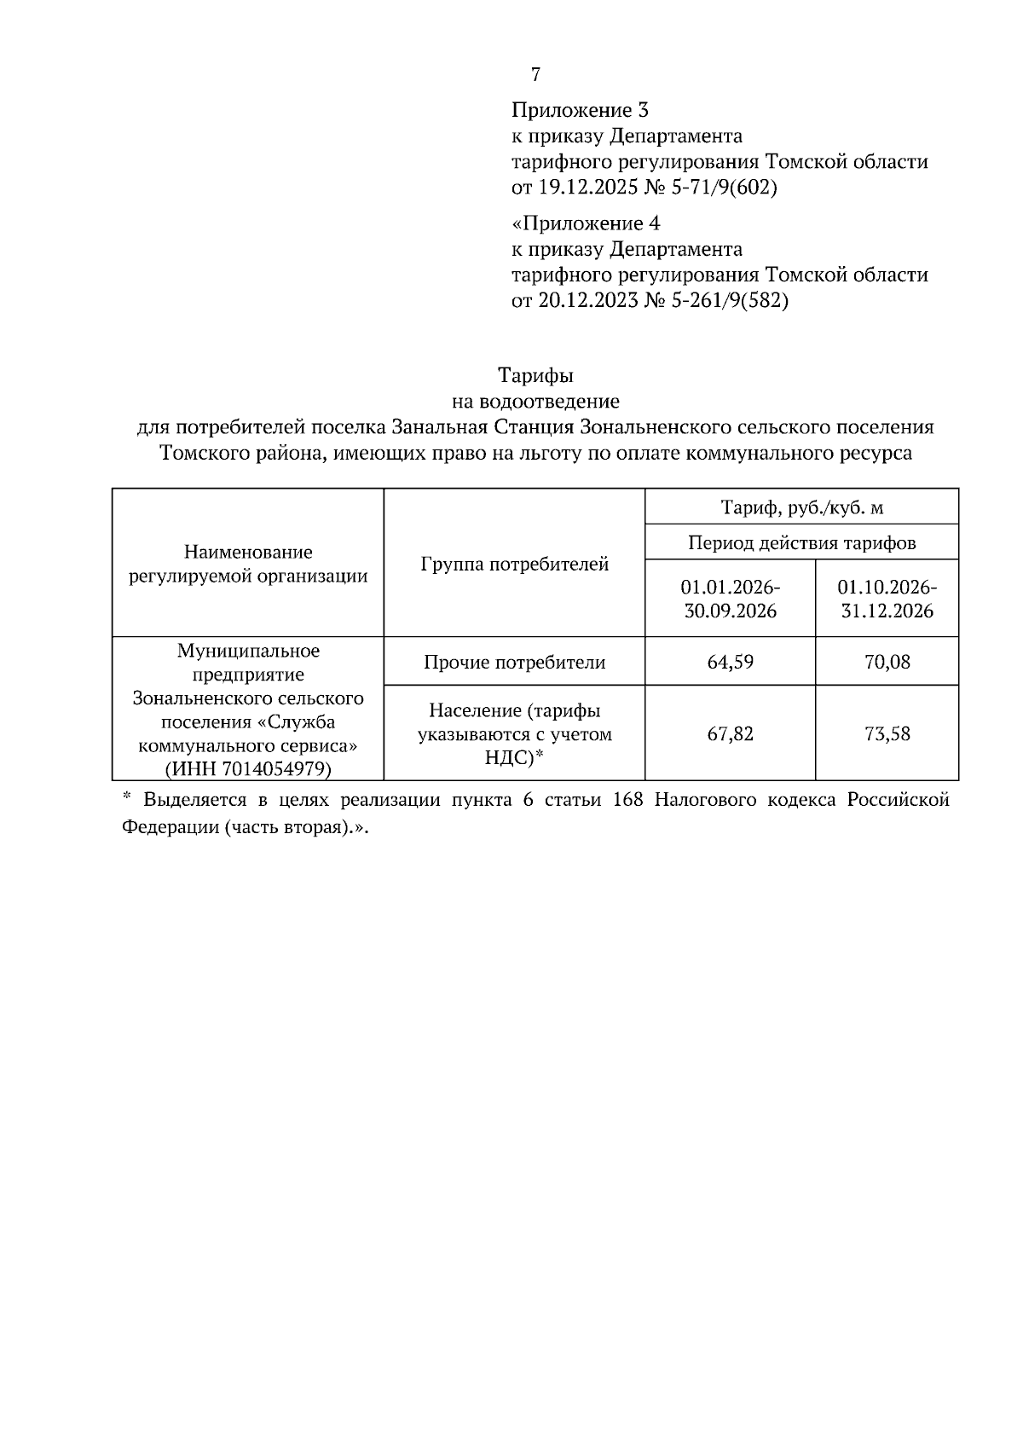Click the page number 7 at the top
(535, 75)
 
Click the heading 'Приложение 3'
(580, 110)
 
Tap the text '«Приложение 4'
(586, 223)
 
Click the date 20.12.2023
(587, 301)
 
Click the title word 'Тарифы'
(535, 375)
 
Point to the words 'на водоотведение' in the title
(535, 401)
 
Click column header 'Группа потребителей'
(514, 564)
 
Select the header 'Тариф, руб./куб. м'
(801, 508)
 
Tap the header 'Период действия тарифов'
(801, 542)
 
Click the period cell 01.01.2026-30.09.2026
(730, 599)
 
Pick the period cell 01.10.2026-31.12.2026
(887, 599)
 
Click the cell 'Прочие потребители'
(514, 662)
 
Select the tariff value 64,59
(730, 662)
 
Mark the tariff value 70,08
(887, 662)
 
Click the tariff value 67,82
(730, 734)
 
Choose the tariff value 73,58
(887, 734)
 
